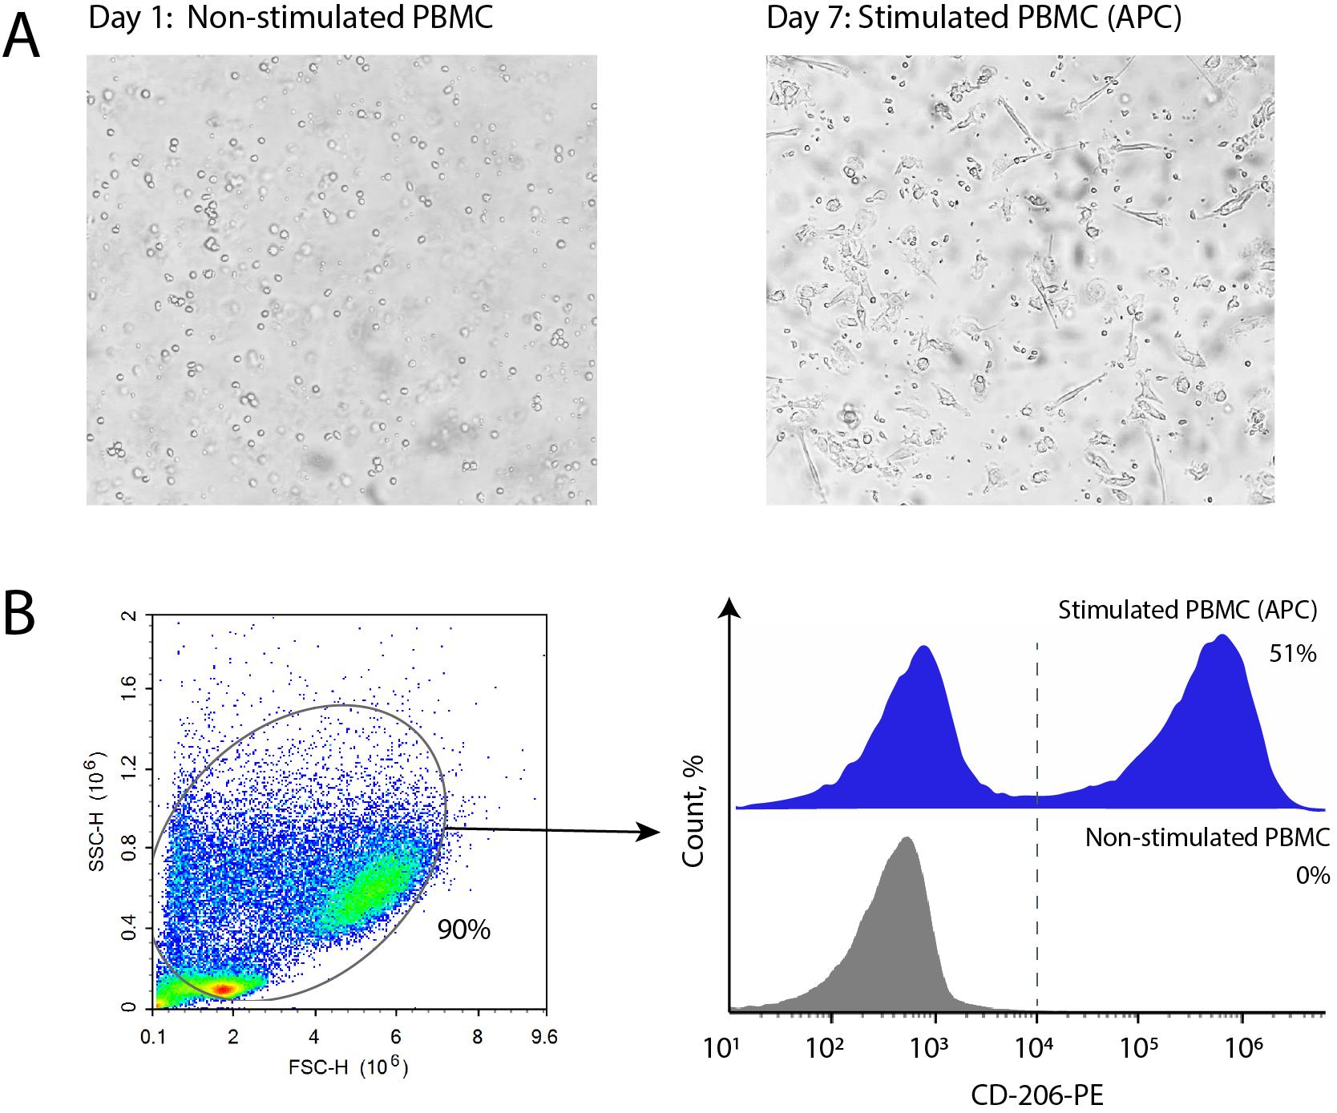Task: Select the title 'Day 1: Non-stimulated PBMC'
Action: click(x=290, y=18)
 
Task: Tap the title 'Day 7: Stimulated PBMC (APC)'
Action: click(x=973, y=18)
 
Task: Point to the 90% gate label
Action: click(x=463, y=930)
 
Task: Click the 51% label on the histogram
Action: click(x=1292, y=654)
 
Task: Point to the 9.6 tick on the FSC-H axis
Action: click(x=544, y=1036)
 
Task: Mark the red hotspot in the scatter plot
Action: click(x=225, y=989)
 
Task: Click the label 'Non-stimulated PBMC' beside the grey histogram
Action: click(x=1207, y=837)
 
